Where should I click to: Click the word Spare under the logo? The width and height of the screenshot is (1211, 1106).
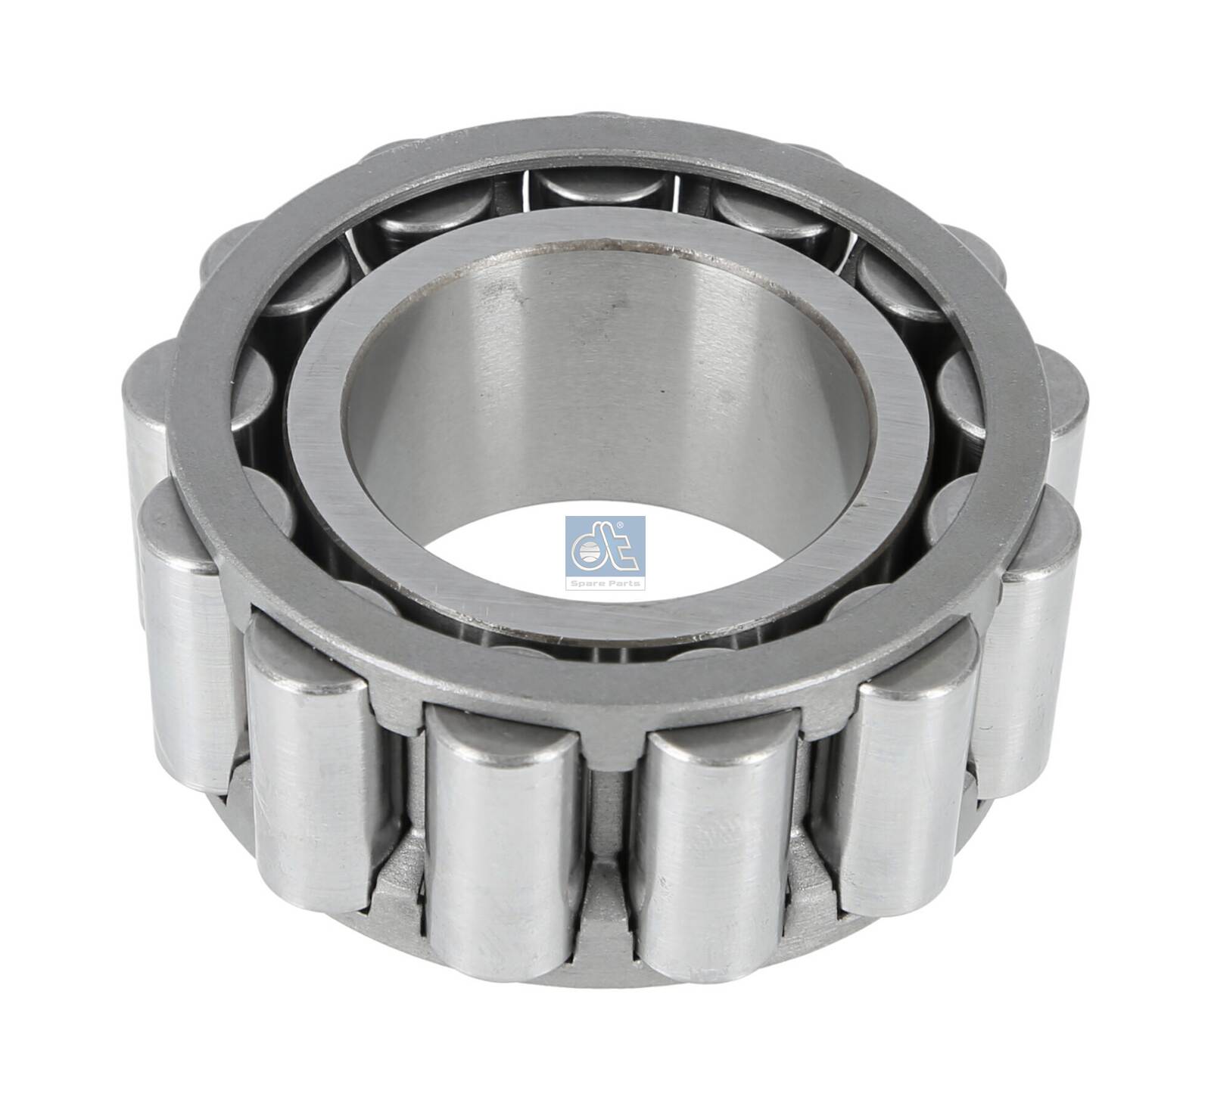[x=590, y=583]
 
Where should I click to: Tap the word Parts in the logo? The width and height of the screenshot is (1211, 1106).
[x=621, y=583]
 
